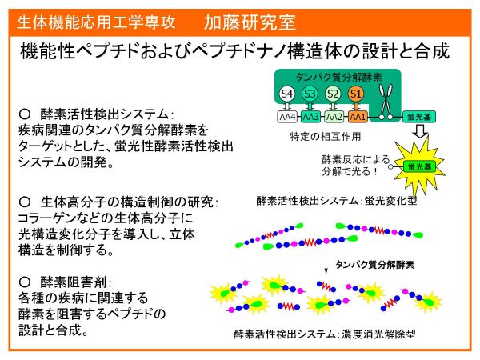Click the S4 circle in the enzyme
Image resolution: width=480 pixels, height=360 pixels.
tap(287, 94)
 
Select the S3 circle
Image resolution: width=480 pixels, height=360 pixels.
tap(310, 94)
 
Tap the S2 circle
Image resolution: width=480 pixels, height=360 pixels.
tap(333, 94)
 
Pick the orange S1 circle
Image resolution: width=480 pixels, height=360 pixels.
tap(356, 94)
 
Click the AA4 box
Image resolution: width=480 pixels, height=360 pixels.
tap(287, 117)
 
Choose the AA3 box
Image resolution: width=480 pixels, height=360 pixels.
tap(310, 117)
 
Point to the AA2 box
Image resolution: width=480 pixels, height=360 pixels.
tap(334, 117)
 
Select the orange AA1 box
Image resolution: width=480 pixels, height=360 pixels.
tap(358, 117)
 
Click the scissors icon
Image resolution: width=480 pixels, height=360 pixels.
tap(386, 101)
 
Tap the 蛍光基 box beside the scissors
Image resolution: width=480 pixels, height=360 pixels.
tap(418, 117)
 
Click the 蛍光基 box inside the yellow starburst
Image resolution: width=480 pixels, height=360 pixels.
tap(419, 167)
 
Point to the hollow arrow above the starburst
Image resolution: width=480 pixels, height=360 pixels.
tap(420, 130)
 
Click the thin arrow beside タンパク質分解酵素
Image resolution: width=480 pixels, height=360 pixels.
tap(326, 262)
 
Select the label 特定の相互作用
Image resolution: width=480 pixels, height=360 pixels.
tap(326, 136)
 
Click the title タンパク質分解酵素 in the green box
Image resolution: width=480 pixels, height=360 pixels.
tap(339, 77)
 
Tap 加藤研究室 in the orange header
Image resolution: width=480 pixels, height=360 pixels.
tap(250, 22)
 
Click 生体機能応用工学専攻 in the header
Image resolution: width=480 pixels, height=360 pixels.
tap(96, 22)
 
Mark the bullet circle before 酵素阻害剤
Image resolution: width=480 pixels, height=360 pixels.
tap(25, 282)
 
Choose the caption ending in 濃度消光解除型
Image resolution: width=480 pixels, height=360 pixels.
tap(325, 334)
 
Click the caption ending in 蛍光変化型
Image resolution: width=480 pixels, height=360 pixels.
tap(337, 201)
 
